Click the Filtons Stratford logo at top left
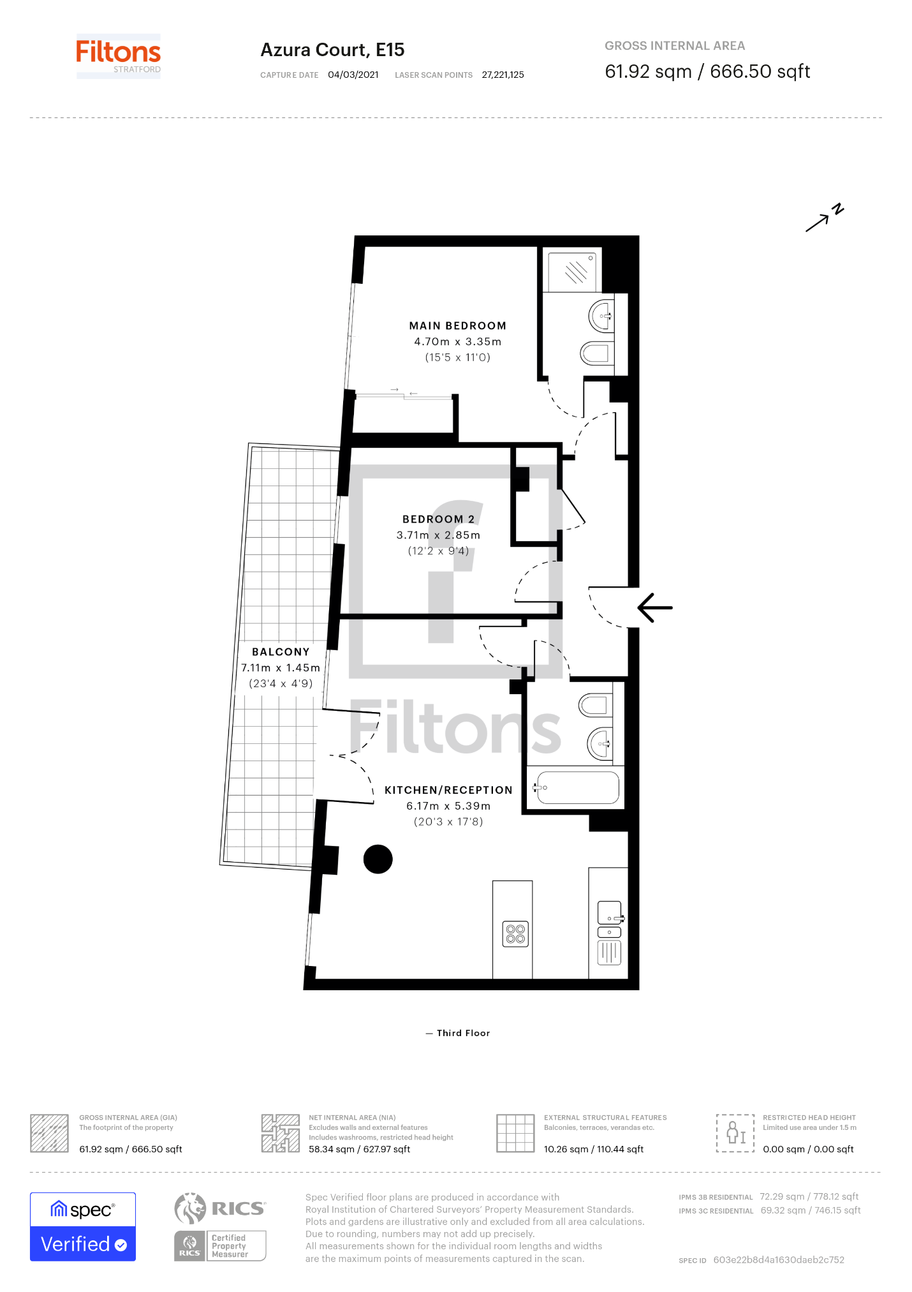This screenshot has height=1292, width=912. pos(119,56)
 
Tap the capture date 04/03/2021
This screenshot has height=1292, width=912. pos(353,75)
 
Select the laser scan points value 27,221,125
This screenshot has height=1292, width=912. pos(503,75)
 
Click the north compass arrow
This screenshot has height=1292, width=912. pos(824,218)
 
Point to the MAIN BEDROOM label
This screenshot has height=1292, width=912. pos(457,325)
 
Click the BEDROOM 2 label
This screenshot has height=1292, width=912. pos(438,519)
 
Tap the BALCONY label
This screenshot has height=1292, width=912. pos(281,651)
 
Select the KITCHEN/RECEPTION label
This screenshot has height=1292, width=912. pos(448,790)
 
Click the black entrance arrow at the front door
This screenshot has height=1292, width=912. pos(655,607)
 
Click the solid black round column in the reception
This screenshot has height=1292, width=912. pos(378,859)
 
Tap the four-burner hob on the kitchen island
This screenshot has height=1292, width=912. pos(515,935)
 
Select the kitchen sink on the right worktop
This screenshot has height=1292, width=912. pos(610,912)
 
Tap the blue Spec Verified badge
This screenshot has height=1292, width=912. pos(83,1226)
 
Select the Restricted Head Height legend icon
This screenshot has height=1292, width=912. pos(735,1133)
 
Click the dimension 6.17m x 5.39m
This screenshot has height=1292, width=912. pos(448,806)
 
